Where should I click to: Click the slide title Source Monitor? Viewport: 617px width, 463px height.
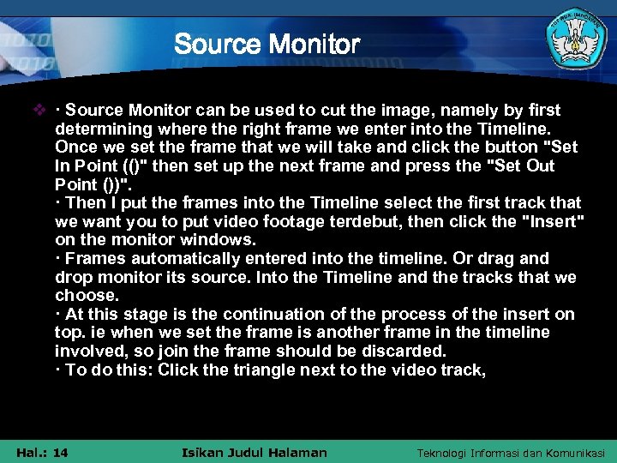point(267,43)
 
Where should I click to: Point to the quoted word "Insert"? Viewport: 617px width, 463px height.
point(554,221)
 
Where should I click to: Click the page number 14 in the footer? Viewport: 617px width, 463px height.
point(60,452)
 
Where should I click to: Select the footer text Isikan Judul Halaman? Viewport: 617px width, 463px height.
point(255,452)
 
